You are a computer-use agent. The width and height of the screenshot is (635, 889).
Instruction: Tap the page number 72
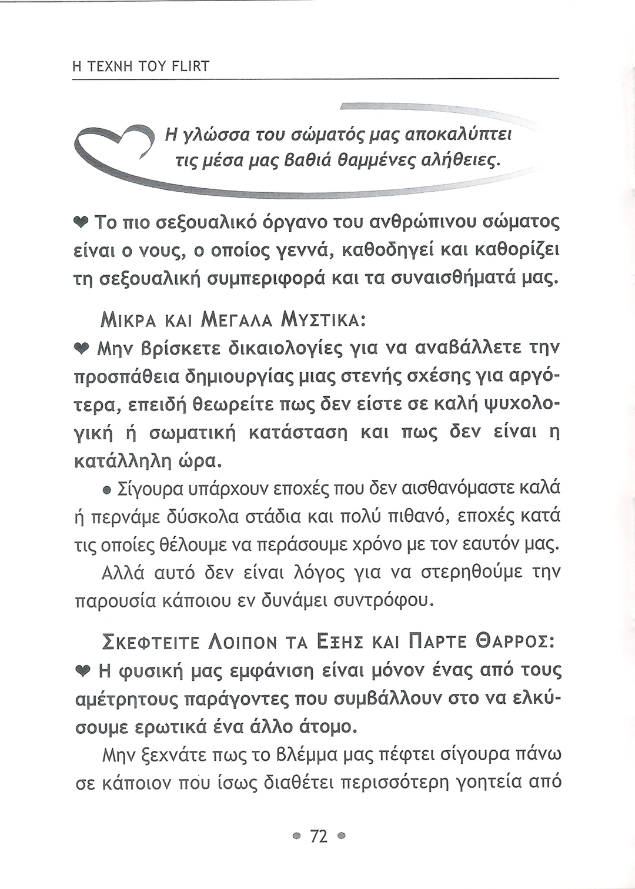click(317, 836)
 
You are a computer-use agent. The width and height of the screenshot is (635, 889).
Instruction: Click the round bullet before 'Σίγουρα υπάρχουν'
click(107, 490)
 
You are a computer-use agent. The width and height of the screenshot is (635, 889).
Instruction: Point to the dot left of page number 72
click(298, 836)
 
